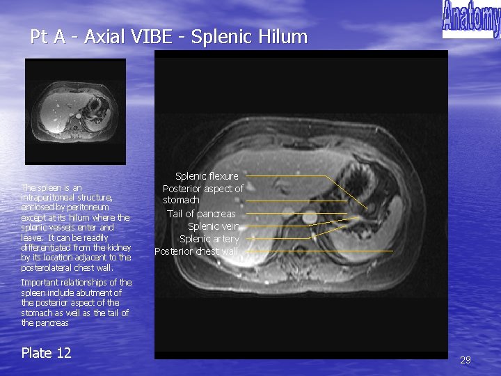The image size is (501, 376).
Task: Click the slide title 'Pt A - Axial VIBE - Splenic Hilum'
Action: (168, 37)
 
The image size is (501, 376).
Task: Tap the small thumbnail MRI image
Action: (75, 111)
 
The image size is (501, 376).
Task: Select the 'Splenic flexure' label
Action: (207, 176)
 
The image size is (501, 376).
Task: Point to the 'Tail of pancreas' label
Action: (201, 214)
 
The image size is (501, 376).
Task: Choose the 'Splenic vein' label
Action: (214, 226)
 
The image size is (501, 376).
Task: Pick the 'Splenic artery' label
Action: (209, 239)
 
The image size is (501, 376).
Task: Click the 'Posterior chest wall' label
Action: (196, 251)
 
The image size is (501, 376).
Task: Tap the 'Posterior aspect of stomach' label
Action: (202, 194)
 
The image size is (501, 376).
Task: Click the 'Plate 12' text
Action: (46, 353)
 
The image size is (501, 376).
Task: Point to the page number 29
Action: (466, 360)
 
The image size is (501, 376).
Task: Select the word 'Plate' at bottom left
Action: (37, 353)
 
